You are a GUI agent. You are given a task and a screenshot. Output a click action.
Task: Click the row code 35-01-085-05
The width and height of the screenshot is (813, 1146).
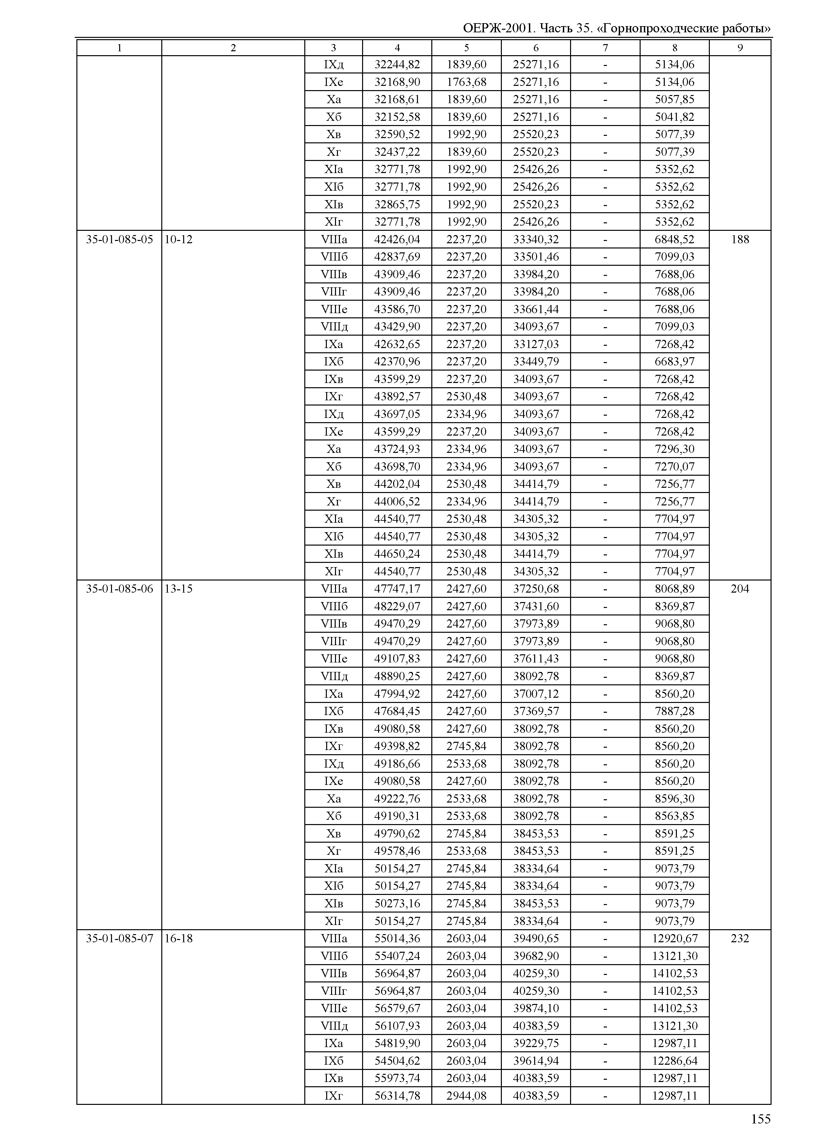tap(119, 239)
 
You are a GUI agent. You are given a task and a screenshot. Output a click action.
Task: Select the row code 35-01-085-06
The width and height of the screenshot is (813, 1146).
tap(119, 589)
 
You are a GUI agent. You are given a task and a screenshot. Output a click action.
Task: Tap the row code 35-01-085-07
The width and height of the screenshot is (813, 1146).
tap(119, 938)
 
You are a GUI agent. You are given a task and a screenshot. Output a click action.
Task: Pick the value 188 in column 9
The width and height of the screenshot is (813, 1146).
tap(740, 239)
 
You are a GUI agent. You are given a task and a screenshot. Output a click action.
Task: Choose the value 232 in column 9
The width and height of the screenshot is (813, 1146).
tap(740, 938)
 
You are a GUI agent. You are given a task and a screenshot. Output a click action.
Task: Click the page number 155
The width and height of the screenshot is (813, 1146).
tap(760, 1119)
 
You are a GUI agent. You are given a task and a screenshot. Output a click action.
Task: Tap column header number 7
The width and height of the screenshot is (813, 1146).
tap(605, 48)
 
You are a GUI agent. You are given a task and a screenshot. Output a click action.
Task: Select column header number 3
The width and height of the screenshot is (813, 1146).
tap(333, 48)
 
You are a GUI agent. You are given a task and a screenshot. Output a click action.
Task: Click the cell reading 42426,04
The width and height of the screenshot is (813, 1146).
tap(397, 239)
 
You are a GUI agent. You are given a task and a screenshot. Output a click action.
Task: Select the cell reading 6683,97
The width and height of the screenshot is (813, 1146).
tap(674, 361)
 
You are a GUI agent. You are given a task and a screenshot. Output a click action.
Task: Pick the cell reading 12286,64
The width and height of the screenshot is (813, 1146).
tap(674, 1060)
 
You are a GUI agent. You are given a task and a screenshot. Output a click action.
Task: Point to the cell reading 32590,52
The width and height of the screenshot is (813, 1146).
tap(397, 134)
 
